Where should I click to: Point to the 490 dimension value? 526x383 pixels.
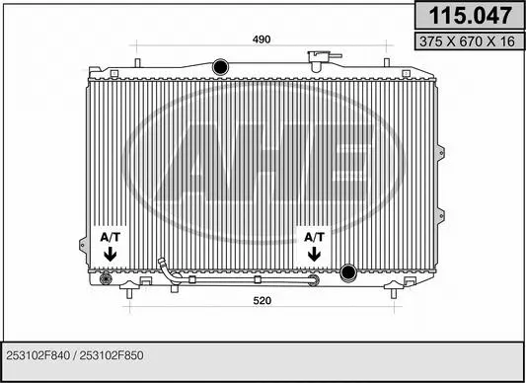(x=261, y=39)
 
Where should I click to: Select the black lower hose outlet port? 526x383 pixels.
(x=347, y=272)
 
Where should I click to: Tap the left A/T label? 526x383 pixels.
(x=109, y=238)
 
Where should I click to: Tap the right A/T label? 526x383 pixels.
(x=314, y=238)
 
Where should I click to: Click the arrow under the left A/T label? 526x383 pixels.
(x=109, y=255)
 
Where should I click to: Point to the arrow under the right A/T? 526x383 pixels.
(x=314, y=255)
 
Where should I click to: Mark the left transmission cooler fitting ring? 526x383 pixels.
(x=107, y=280)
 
